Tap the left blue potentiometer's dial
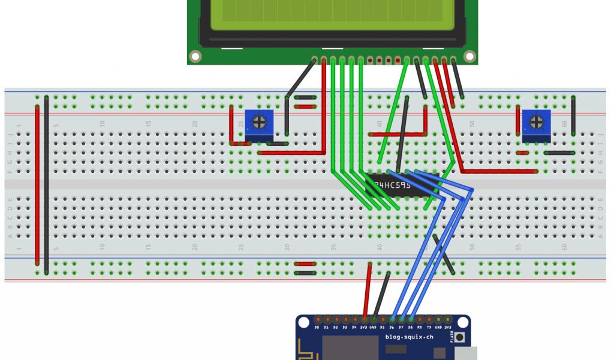259,122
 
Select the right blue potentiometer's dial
535,122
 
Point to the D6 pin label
392,327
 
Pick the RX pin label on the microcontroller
419,327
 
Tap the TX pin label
429,327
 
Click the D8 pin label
410,327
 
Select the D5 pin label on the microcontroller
382,327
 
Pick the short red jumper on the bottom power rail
306,263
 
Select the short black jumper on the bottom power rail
306,273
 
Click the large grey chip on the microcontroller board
350,348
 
